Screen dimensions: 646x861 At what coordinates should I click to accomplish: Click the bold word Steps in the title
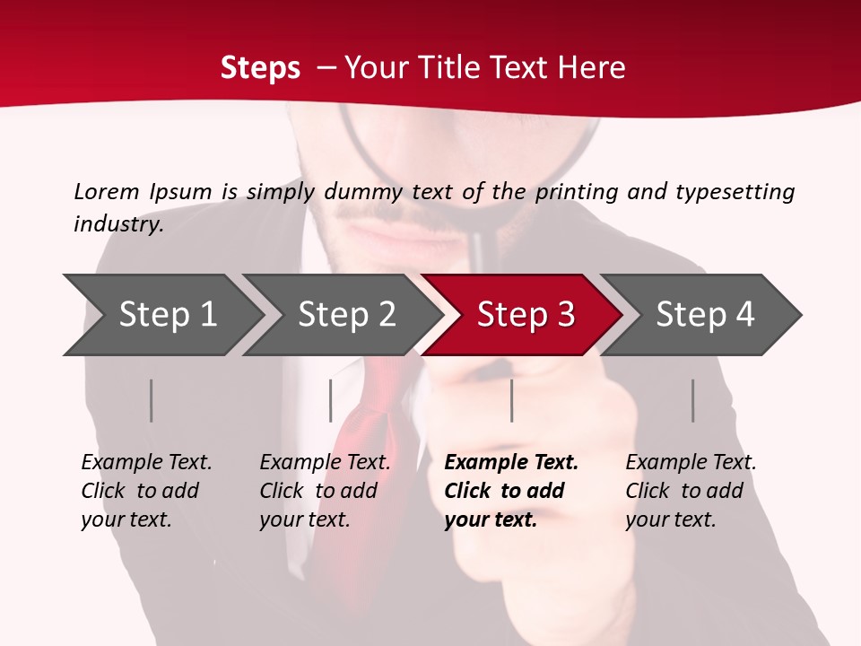pyautogui.click(x=260, y=68)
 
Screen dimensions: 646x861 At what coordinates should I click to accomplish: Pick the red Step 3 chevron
pyautogui.click(x=526, y=315)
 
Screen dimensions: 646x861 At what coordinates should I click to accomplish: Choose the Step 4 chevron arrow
pyautogui.click(x=705, y=315)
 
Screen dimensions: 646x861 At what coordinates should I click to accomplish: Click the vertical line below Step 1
pyautogui.click(x=152, y=401)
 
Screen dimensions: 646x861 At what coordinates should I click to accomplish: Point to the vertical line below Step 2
pyautogui.click(x=331, y=401)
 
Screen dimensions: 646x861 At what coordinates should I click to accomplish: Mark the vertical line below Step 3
pyautogui.click(x=512, y=401)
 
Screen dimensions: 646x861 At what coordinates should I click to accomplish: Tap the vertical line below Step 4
pyautogui.click(x=693, y=401)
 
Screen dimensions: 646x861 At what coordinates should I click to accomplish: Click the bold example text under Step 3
pyautogui.click(x=511, y=491)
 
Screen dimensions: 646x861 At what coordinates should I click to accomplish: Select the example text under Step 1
pyautogui.click(x=146, y=491)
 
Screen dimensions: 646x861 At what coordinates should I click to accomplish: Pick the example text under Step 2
pyautogui.click(x=325, y=491)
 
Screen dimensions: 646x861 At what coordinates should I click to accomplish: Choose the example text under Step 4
pyautogui.click(x=691, y=491)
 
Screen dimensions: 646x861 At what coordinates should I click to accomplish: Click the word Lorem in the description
pyautogui.click(x=107, y=192)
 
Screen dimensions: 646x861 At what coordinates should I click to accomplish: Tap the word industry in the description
pyautogui.click(x=117, y=224)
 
